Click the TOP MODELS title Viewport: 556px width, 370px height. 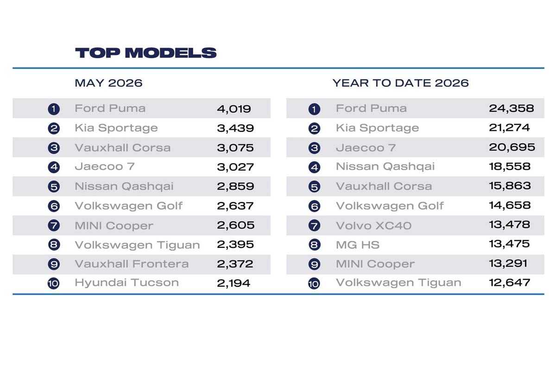pos(145,53)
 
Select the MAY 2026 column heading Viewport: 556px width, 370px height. pos(108,83)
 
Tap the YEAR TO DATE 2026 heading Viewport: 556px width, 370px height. pos(400,83)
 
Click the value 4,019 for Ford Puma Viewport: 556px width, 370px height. pos(234,109)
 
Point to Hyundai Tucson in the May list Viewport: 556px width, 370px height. pos(126,283)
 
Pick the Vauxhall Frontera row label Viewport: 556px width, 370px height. pos(132,264)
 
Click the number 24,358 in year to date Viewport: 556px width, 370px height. pos(512,108)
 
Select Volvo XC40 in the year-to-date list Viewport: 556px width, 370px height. pos(373,226)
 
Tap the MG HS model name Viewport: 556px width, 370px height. pos(358,245)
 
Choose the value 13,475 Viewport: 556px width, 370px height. pos(509,244)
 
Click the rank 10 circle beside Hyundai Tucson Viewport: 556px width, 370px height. pos(53,283)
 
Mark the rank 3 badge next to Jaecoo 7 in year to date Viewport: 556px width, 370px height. pos(314,148)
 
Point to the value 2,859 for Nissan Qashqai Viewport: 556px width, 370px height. pos(235,186)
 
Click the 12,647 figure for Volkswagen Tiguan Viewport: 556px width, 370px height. pos(510,283)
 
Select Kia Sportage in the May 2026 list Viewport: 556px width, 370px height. pos(116,128)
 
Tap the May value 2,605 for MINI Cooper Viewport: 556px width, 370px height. pos(235,225)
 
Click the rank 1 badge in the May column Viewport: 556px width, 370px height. pos(54,109)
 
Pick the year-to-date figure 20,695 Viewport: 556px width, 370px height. pos(512,147)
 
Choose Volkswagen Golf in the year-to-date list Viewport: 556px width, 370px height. pos(390,206)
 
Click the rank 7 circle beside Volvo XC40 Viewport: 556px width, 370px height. pos(314,226)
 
